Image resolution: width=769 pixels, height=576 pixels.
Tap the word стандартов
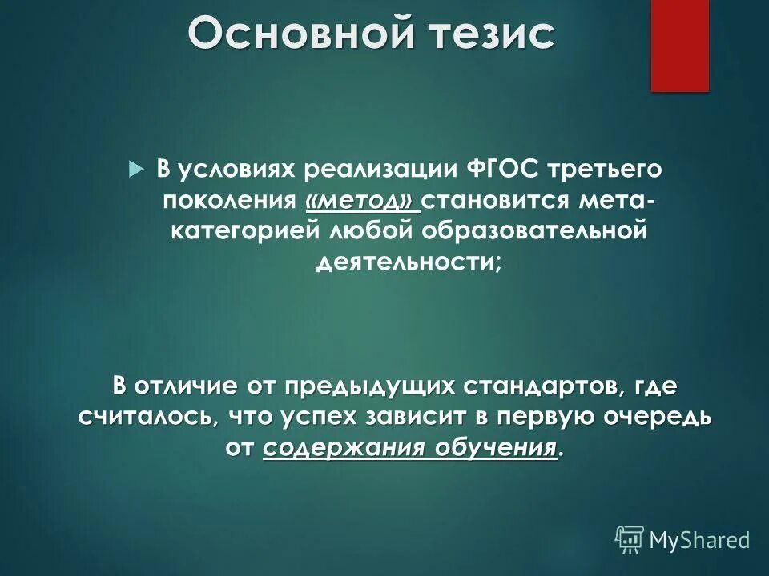pos(542,386)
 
